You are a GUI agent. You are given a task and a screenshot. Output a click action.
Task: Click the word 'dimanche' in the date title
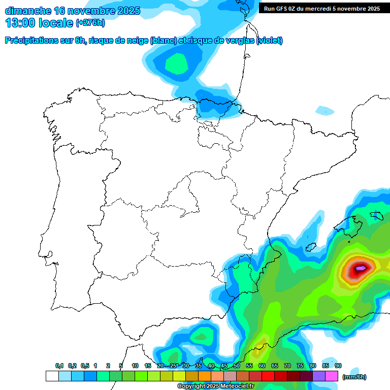27,11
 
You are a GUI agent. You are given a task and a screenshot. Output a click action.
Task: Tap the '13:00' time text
20,23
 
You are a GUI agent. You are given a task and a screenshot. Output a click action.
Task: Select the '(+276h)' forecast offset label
90,23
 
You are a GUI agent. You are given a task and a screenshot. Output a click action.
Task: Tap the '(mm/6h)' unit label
354,377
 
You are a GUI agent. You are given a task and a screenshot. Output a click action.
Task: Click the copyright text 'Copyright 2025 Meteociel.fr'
215,386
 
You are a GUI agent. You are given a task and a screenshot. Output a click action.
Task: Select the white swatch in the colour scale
52,376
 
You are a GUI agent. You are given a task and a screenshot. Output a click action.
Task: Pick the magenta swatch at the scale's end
332,376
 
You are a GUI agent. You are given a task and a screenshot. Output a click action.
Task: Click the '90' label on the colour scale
338,366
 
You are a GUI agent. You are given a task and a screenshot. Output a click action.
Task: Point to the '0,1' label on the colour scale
59,366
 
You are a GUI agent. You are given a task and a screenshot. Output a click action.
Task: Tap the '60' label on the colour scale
262,366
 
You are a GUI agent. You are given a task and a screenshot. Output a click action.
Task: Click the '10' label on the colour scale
135,366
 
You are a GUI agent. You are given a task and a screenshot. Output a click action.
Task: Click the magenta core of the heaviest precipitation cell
361,267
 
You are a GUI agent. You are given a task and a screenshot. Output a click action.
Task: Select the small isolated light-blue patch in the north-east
324,110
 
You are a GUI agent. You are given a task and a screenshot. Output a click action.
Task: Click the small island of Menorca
376,215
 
